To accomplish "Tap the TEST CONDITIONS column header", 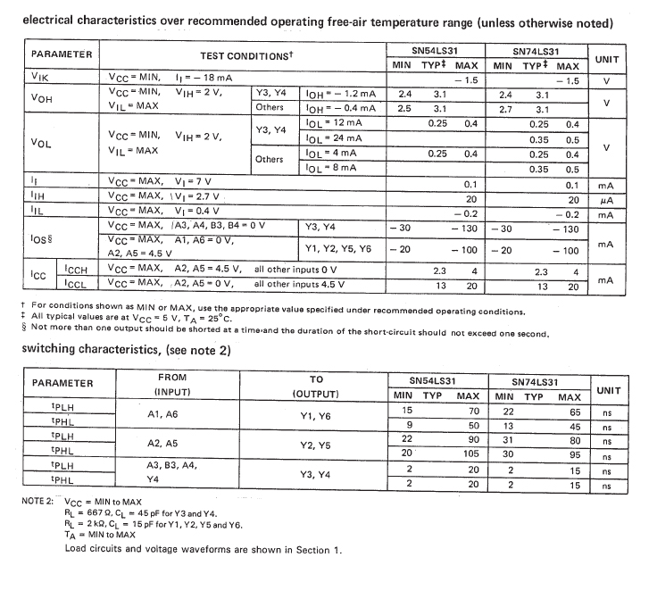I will pyautogui.click(x=253, y=55).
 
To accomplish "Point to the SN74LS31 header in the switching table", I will pyautogui.click(x=537, y=379).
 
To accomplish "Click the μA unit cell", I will pyautogui.click(x=606, y=199).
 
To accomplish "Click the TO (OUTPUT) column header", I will pyautogui.click(x=316, y=385).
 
